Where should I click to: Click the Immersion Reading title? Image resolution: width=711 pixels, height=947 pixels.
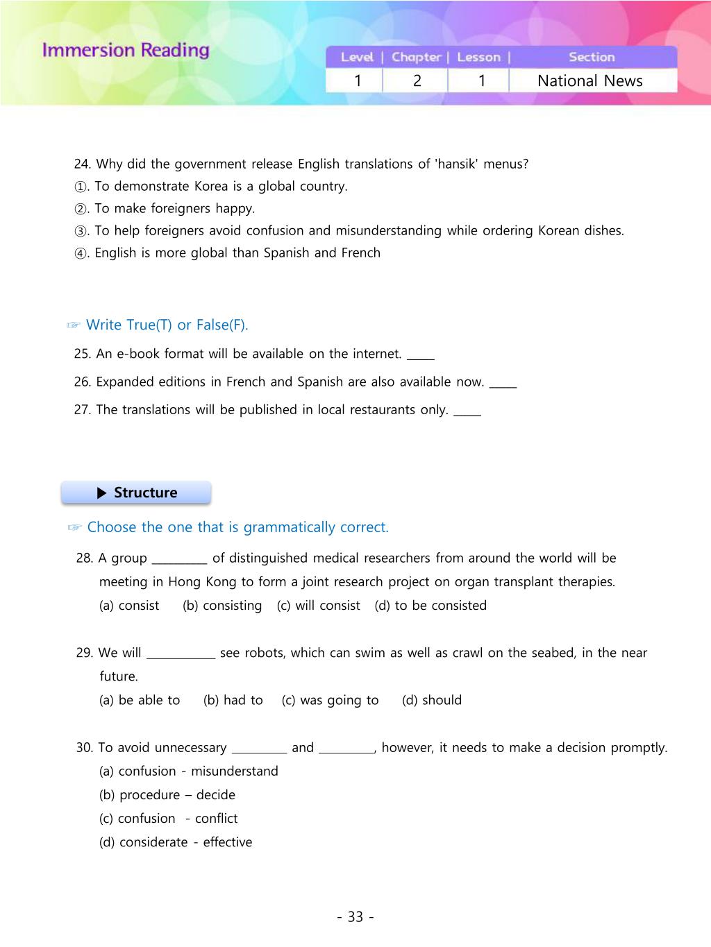[126, 50]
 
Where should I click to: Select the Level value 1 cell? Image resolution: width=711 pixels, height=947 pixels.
[358, 80]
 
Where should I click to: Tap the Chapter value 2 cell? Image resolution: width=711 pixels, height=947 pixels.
[417, 80]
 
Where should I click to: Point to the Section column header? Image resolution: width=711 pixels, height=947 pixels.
[592, 57]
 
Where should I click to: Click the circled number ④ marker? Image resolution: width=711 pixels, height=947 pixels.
[81, 253]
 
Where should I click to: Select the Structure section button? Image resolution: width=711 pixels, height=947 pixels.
[136, 493]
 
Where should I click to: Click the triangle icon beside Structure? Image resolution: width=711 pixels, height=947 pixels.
[102, 493]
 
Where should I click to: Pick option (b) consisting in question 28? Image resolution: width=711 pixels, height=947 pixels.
[222, 605]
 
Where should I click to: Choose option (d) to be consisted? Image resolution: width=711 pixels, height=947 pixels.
[430, 605]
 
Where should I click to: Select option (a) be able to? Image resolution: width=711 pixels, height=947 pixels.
[140, 700]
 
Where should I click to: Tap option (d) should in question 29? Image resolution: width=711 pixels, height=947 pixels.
[432, 700]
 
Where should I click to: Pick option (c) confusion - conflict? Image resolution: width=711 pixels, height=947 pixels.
[169, 819]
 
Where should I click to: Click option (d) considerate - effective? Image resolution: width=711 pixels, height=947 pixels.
[176, 842]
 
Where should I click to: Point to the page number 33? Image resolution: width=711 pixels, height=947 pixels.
[355, 916]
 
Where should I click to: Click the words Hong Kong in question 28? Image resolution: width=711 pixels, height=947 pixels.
[192, 581]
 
